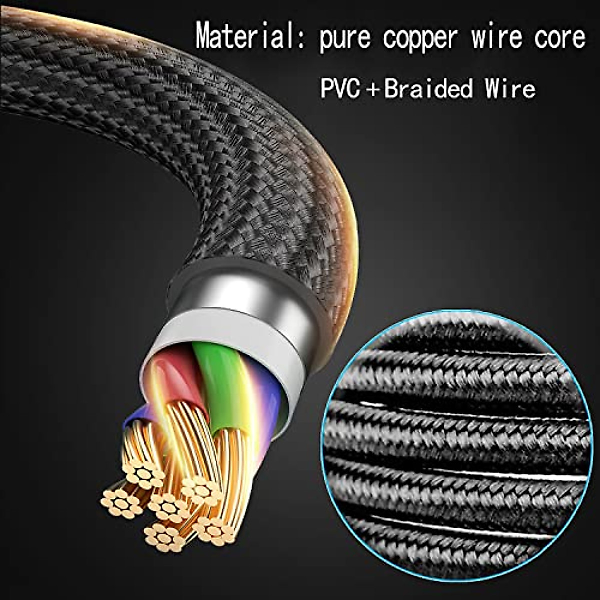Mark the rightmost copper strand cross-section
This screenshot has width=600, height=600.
pos(215,530)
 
